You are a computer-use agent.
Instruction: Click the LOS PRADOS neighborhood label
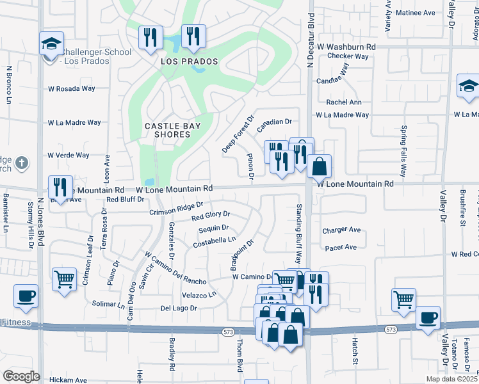pyautogui.click(x=190, y=62)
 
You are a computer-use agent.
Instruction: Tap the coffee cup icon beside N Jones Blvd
pyautogui.click(x=26, y=296)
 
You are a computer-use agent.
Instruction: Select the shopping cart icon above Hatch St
pyautogui.click(x=403, y=300)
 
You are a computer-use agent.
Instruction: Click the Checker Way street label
pyautogui.click(x=348, y=56)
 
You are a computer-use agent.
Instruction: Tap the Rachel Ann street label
pyautogui.click(x=344, y=102)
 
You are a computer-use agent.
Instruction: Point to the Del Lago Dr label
pyautogui.click(x=178, y=308)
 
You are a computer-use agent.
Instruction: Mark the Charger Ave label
pyautogui.click(x=342, y=230)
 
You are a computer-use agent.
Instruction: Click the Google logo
pyautogui.click(x=21, y=376)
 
